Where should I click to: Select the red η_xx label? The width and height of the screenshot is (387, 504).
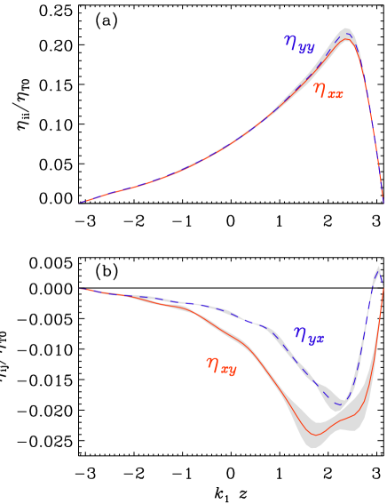(x=328, y=91)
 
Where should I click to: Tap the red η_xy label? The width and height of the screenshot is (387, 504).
(x=221, y=364)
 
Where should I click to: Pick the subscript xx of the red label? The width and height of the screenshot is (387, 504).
(x=335, y=93)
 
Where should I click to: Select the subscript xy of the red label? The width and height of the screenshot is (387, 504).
(x=228, y=368)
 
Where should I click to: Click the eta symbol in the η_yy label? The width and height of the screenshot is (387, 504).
(x=290, y=41)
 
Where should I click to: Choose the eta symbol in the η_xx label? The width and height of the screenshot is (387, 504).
(x=319, y=89)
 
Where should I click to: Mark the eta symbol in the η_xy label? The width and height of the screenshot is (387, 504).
(x=212, y=363)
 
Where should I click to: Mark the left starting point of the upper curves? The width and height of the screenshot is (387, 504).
(x=79, y=203)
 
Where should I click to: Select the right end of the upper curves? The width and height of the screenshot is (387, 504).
(x=383, y=201)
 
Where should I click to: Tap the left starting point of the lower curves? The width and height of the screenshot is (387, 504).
(x=79, y=289)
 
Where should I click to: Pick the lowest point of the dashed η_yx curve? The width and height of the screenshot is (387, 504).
(x=338, y=404)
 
